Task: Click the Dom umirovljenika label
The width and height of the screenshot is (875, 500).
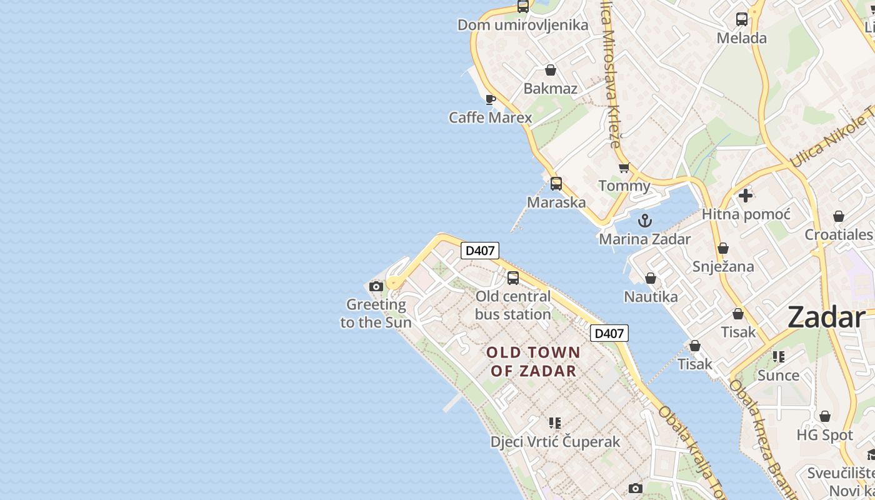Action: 522,25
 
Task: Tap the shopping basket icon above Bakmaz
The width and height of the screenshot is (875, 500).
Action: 551,70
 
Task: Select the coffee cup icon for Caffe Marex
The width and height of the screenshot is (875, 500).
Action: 491,99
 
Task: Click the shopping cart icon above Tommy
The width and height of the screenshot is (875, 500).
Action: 624,167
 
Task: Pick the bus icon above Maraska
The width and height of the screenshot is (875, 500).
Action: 556,184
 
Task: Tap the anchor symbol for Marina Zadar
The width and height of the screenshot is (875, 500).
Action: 644,221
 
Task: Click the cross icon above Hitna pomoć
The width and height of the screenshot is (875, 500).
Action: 746,196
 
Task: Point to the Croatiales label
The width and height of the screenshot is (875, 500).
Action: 838,234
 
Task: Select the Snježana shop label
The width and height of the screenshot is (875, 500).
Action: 723,266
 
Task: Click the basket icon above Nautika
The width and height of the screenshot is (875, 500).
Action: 651,278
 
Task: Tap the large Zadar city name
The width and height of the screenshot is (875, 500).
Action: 826,317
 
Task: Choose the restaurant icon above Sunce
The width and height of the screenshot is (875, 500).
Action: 778,357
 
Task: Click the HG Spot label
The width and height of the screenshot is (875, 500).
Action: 824,434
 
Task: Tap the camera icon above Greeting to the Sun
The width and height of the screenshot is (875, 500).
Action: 376,287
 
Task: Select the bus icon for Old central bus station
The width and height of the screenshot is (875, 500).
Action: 513,278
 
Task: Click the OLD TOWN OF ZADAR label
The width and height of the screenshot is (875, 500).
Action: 533,361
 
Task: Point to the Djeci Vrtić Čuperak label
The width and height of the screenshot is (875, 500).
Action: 555,441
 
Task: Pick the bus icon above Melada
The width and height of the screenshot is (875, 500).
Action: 742,19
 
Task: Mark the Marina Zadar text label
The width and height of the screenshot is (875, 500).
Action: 644,239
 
